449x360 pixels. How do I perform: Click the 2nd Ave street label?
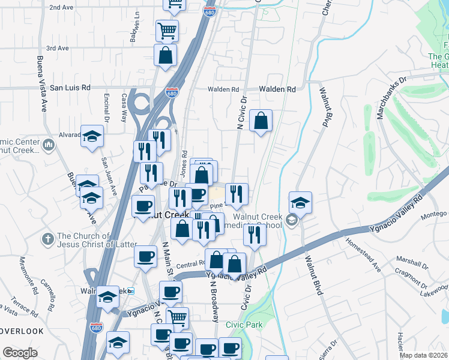[62, 8]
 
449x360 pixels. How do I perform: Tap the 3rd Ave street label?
[58, 48]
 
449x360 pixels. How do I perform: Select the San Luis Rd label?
[70, 88]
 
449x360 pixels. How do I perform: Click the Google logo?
[20, 353]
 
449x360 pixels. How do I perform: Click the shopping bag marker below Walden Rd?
[261, 121]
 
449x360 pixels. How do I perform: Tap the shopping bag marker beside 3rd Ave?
[164, 55]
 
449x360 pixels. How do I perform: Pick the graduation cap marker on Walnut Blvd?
[300, 202]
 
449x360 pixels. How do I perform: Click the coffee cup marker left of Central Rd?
[145, 256]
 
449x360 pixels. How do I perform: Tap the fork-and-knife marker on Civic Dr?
[255, 235]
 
